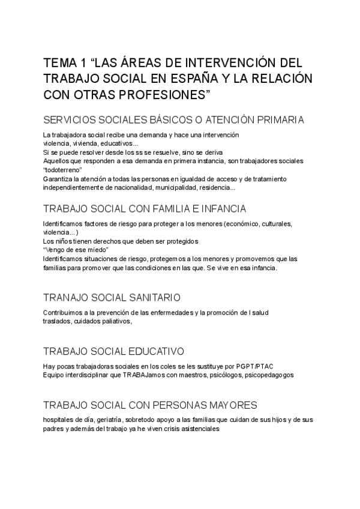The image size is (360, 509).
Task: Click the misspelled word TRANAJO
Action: tap(67, 298)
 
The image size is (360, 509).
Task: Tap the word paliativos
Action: tap(112, 321)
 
